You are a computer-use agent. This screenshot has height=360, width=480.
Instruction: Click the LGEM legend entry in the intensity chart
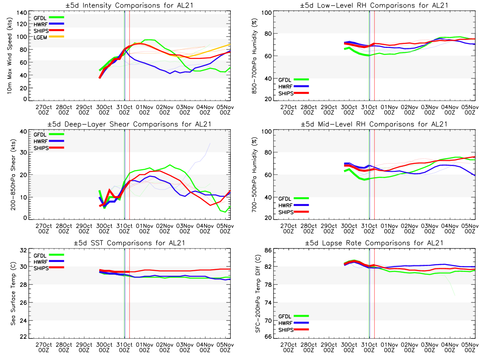click(x=41, y=37)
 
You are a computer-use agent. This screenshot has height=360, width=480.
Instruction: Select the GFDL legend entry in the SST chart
click(x=41, y=254)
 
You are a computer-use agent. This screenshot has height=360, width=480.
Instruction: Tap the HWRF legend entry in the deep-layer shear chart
click(x=41, y=141)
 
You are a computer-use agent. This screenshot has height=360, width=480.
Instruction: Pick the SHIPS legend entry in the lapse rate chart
click(x=286, y=330)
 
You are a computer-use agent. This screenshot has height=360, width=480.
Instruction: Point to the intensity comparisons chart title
click(x=127, y=5)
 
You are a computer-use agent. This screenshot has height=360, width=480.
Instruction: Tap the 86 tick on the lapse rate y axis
click(x=267, y=250)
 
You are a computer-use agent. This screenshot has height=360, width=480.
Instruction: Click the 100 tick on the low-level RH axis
click(x=265, y=13)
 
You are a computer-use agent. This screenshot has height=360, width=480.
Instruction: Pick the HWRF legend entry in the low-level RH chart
click(x=286, y=86)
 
